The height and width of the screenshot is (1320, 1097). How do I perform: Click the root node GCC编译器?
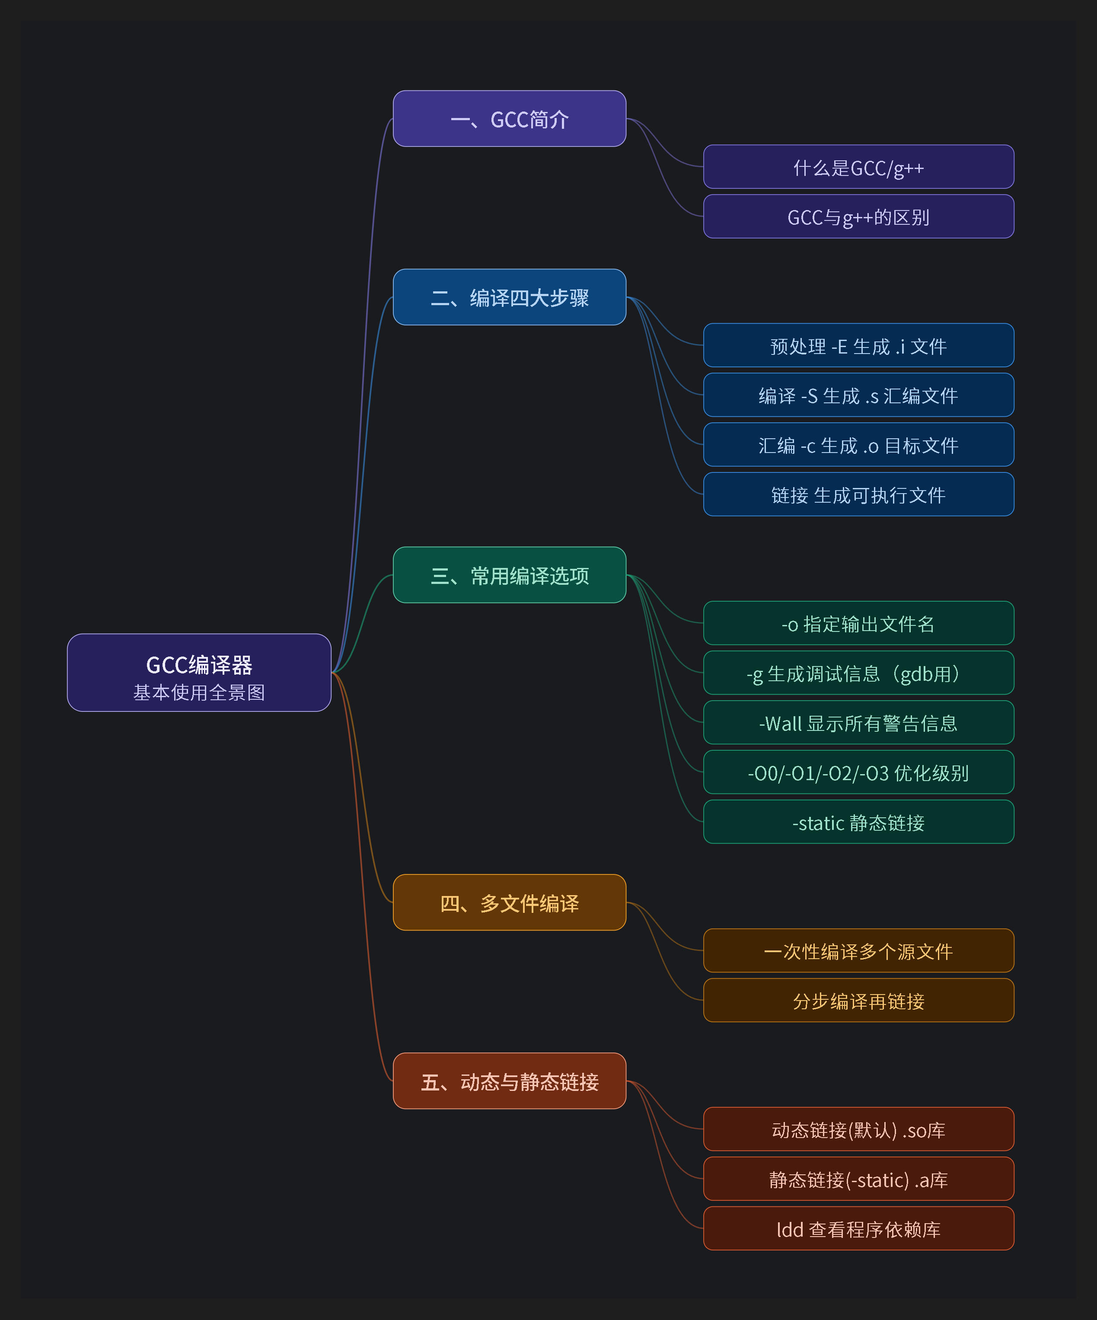click(199, 672)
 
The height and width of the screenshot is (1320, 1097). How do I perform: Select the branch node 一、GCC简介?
click(509, 119)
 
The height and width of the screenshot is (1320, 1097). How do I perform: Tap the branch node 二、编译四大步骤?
click(509, 297)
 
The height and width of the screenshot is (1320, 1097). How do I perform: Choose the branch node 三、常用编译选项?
click(509, 575)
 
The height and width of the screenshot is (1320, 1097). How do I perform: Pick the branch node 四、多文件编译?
click(509, 902)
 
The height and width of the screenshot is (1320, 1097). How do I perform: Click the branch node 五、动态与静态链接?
click(509, 1081)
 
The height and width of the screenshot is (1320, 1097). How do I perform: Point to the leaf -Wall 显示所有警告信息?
click(859, 723)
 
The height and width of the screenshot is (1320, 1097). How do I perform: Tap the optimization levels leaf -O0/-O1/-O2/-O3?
click(859, 772)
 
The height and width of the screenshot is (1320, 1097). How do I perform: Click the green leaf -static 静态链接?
click(859, 822)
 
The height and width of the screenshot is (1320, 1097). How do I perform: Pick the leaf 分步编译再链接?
click(859, 1001)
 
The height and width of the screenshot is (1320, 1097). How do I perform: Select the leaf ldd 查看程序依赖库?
click(859, 1229)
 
